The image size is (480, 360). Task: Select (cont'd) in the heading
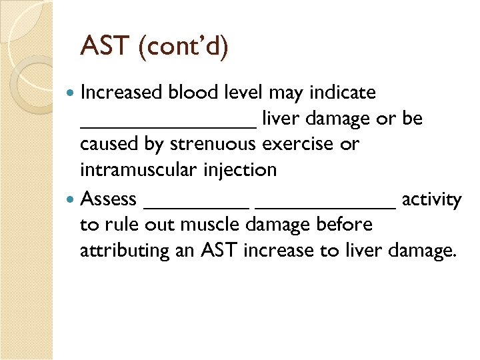(183, 47)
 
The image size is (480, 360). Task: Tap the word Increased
(123, 92)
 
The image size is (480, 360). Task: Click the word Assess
(108, 199)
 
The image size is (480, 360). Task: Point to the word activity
(431, 199)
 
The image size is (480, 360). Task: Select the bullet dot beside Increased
(71, 92)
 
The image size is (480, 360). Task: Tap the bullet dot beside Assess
(71, 199)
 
